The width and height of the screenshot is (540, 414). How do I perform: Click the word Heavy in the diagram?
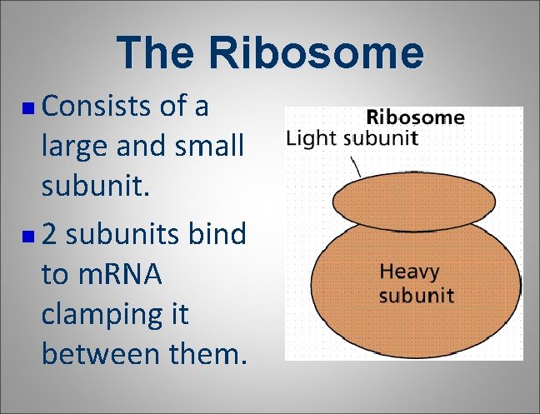pos(408,271)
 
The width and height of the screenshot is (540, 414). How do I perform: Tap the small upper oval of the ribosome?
pos(401,202)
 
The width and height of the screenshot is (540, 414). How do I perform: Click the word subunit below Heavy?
pos(416,295)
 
